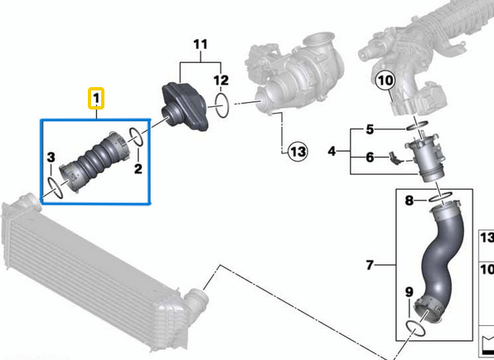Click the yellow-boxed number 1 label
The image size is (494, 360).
(97, 100)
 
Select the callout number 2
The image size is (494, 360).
(138, 169)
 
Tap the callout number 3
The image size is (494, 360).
(51, 158)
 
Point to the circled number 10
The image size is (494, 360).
(384, 80)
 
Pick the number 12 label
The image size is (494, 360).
(220, 80)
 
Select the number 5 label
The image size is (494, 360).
(370, 129)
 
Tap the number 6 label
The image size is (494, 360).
(370, 156)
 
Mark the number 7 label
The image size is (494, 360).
(370, 265)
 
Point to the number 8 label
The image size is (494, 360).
(409, 201)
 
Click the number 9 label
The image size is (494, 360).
(408, 291)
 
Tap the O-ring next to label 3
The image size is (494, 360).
(55, 187)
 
